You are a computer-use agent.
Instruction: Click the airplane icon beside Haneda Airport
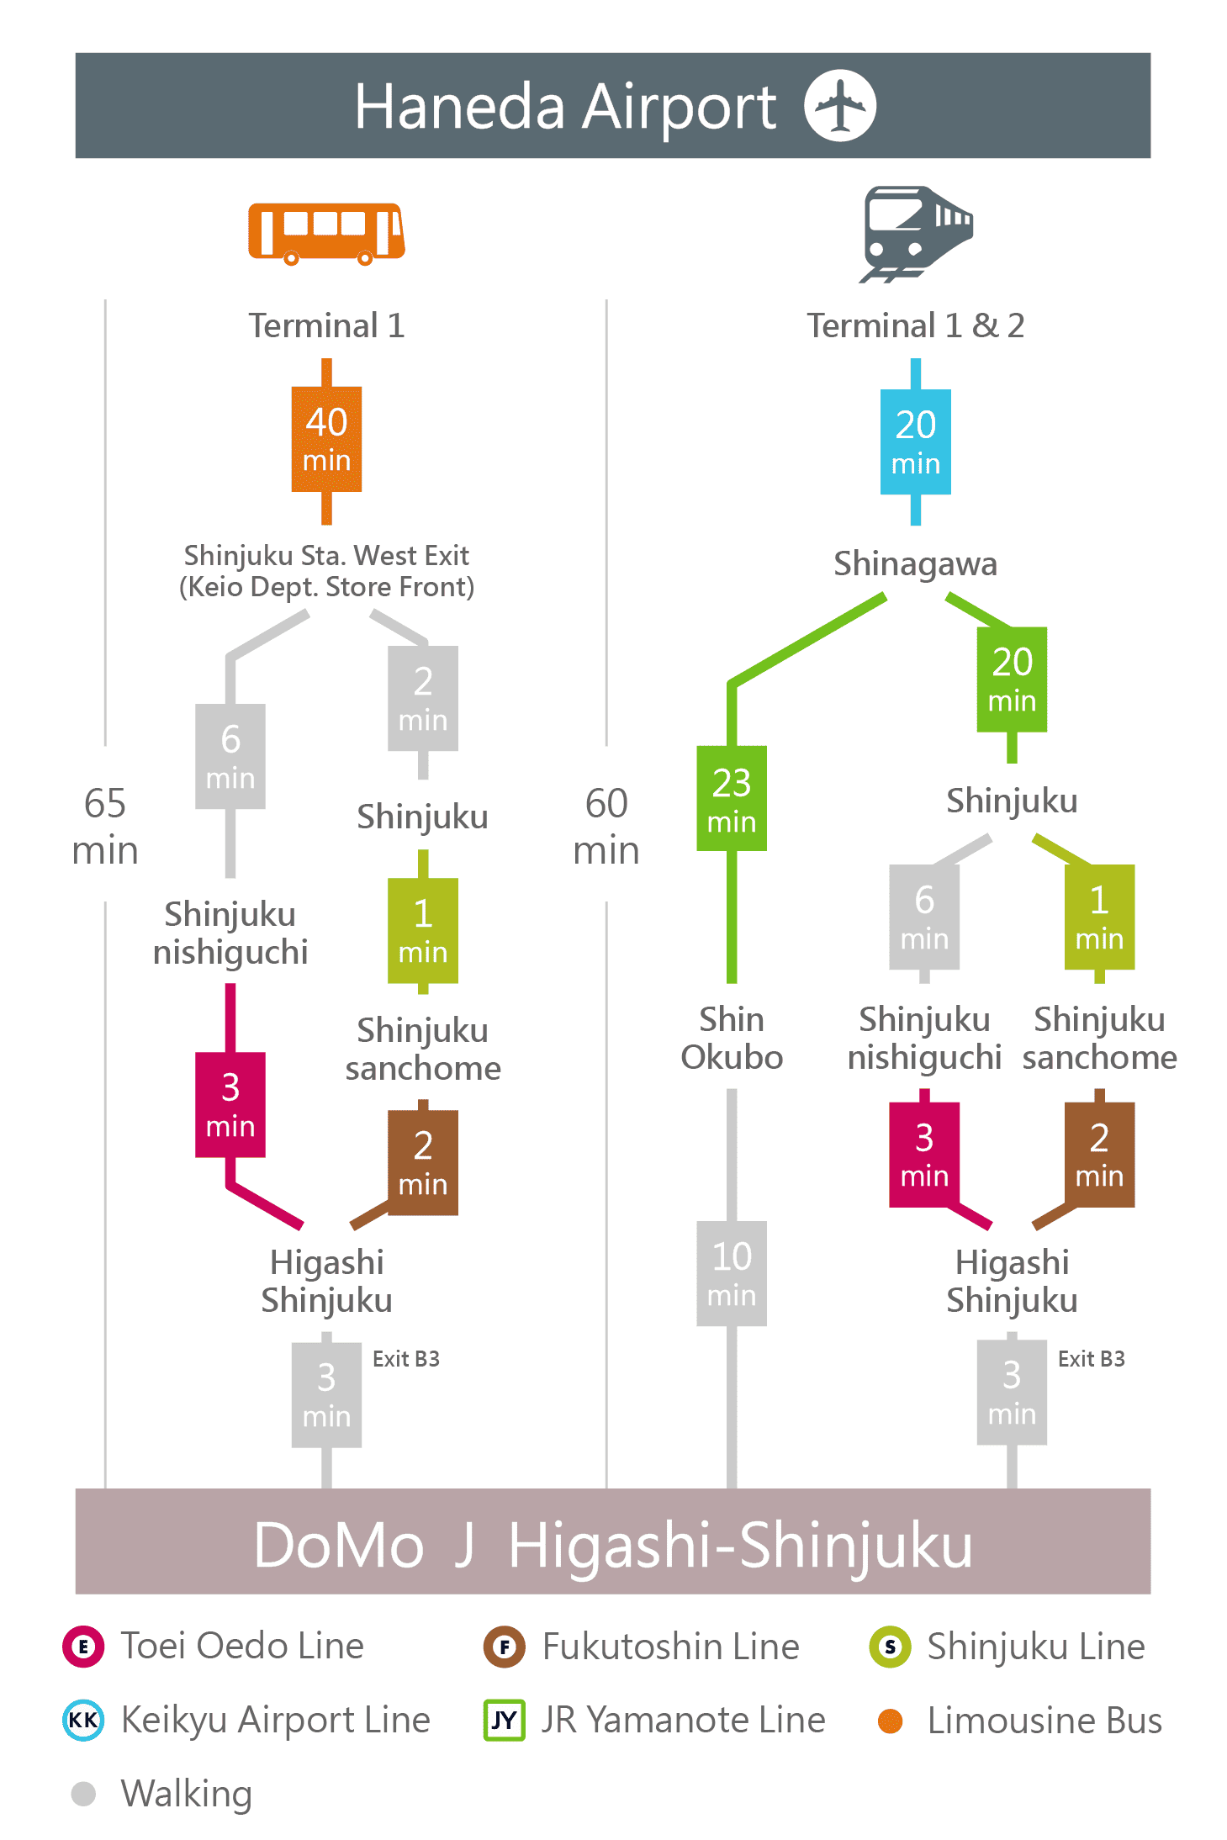click(x=839, y=105)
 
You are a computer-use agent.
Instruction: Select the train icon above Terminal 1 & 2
click(x=916, y=234)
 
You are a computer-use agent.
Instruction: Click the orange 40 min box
click(x=326, y=439)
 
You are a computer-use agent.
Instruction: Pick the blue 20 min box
click(x=915, y=441)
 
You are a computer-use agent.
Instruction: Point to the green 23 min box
click(x=732, y=798)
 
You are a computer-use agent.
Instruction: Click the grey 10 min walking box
click(x=732, y=1273)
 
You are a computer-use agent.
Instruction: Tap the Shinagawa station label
click(x=915, y=563)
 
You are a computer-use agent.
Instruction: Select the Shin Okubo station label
click(x=732, y=1038)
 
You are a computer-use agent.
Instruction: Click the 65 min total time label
click(x=105, y=826)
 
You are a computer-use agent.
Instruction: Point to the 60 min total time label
click(x=606, y=826)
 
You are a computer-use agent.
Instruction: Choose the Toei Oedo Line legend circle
click(x=83, y=1646)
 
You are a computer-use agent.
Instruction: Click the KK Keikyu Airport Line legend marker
click(x=83, y=1720)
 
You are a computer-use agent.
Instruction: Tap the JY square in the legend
click(x=504, y=1720)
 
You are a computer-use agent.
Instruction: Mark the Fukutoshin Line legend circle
click(x=504, y=1647)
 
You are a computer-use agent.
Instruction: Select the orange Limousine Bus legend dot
click(x=890, y=1721)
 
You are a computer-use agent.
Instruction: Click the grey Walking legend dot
click(x=83, y=1794)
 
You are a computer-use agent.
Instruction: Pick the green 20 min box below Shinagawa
click(x=1012, y=679)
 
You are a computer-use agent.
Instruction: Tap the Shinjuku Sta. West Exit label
click(x=326, y=555)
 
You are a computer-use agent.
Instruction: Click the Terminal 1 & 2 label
click(x=916, y=325)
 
